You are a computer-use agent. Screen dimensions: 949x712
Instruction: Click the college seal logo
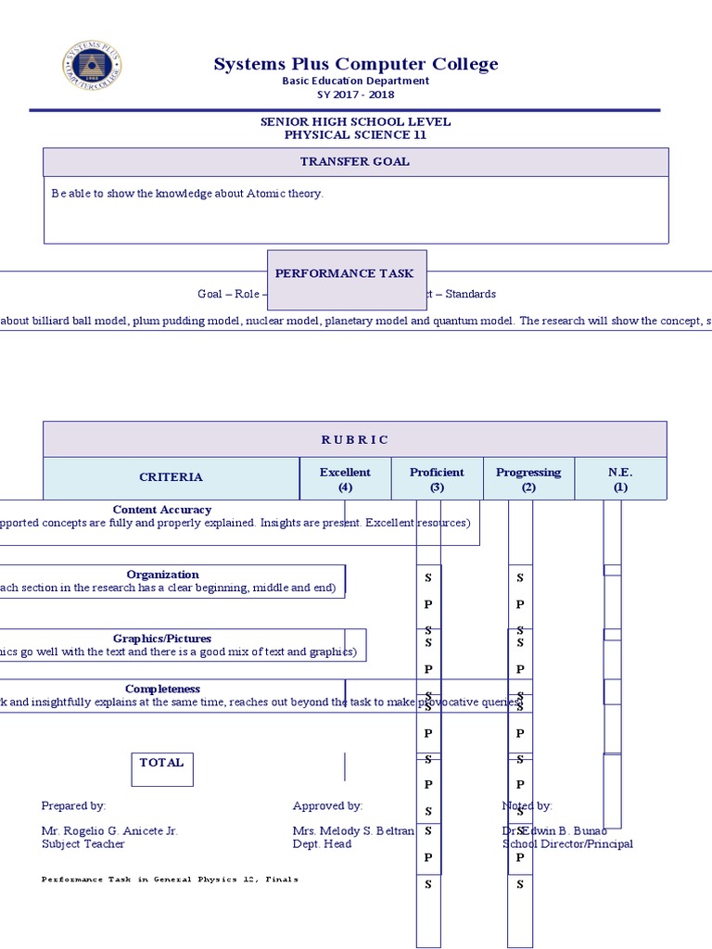pos(92,66)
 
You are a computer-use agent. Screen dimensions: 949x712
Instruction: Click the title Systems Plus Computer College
pos(356,64)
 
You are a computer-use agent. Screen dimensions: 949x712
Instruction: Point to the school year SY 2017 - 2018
pos(356,95)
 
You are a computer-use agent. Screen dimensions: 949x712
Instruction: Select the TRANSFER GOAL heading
pos(355,161)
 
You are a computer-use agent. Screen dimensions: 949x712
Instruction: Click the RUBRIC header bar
pos(355,439)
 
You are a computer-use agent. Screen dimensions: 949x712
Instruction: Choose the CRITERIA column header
pos(171,477)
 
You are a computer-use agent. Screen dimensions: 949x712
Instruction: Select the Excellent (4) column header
pos(345,478)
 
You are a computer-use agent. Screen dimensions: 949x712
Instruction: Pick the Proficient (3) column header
pos(437,478)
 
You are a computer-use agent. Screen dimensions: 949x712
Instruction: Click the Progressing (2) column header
pos(528,478)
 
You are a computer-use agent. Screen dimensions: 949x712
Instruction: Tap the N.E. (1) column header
pos(620,478)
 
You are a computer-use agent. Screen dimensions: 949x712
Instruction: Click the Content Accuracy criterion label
pos(162,510)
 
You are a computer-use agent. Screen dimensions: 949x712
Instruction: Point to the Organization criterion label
pos(163,575)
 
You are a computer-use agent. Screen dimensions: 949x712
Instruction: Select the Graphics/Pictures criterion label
pos(162,639)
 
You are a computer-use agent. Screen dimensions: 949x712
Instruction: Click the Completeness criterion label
pos(162,690)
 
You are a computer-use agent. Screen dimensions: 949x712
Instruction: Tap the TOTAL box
pos(162,763)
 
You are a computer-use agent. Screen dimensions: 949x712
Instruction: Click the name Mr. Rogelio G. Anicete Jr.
pos(109,831)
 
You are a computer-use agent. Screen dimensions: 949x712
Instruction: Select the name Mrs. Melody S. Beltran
pos(353,831)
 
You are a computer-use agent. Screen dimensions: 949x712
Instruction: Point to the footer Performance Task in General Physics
pos(171,879)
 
